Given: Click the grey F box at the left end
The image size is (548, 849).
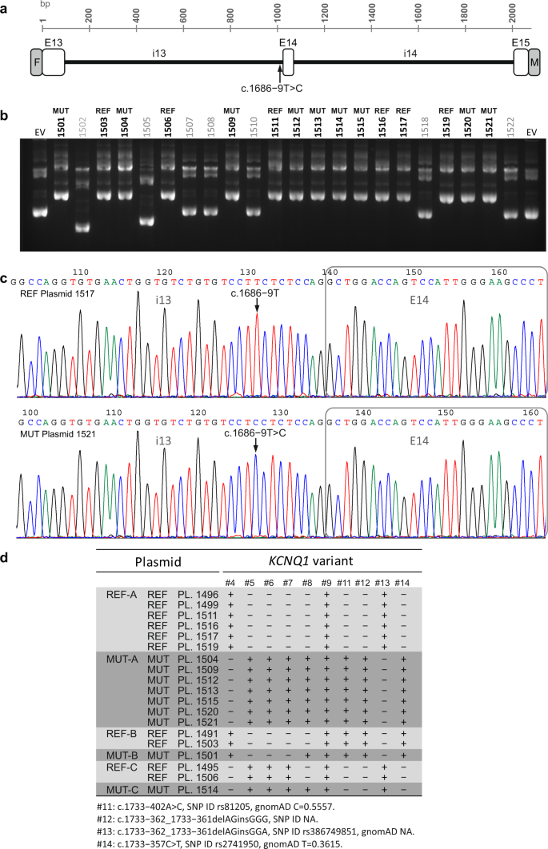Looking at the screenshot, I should click(x=35, y=62).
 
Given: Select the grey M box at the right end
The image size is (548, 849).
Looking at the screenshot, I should click(x=534, y=62).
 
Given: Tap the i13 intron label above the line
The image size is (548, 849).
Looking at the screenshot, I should click(x=160, y=50).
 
